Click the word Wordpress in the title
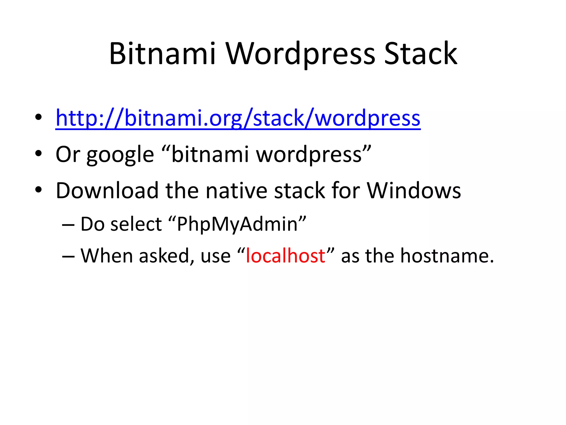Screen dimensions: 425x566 [x=301, y=54]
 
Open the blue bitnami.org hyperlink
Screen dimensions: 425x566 [x=238, y=118]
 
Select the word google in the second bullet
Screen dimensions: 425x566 [x=120, y=155]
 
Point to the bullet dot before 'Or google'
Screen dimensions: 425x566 [x=38, y=153]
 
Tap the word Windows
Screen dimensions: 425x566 [x=413, y=191]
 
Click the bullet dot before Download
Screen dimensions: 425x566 [x=38, y=190]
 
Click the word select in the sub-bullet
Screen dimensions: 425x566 [x=136, y=224]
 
